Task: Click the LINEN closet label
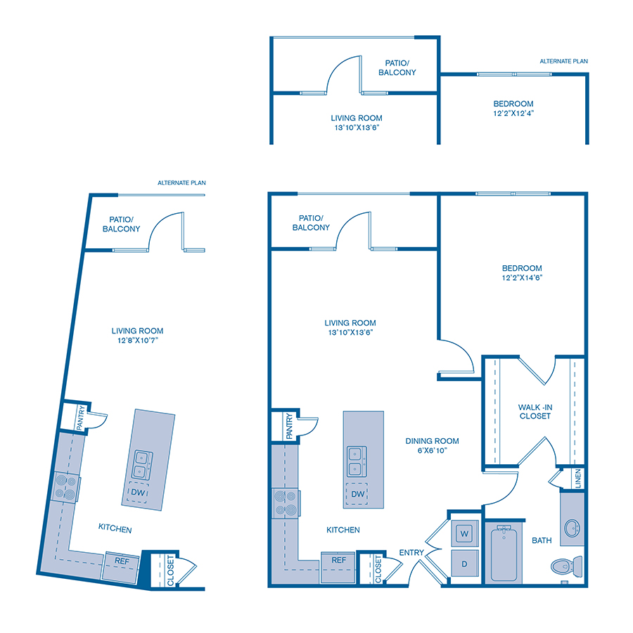click(578, 478)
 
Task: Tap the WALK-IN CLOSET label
click(534, 411)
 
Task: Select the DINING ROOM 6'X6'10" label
click(432, 446)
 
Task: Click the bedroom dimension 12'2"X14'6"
click(522, 277)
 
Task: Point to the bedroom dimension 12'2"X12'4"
click(513, 113)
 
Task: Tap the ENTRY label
click(412, 553)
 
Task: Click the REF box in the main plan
click(338, 561)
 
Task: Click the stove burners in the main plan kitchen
click(286, 504)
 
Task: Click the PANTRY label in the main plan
click(289, 426)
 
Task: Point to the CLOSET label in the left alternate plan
click(171, 570)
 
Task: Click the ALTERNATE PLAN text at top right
click(563, 62)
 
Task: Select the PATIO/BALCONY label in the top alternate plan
click(397, 68)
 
